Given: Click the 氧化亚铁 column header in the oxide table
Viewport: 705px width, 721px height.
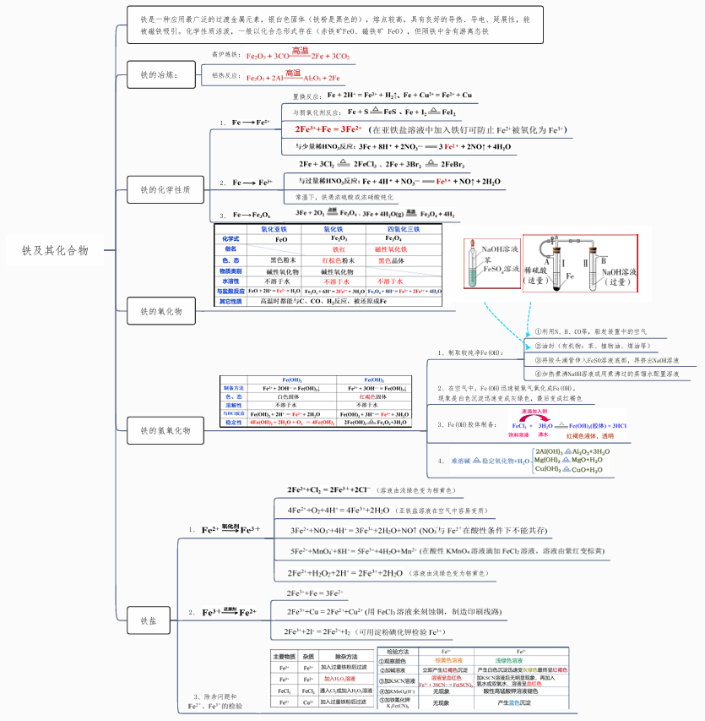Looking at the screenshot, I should [x=274, y=229].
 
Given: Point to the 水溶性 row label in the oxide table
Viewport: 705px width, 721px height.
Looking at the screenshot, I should [x=230, y=281].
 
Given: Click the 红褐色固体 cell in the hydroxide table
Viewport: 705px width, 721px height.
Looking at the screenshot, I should [x=374, y=396].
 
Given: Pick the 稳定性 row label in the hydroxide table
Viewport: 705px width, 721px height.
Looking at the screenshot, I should [x=233, y=422].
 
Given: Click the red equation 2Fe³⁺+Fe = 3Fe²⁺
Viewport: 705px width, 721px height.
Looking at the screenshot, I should [x=328, y=129].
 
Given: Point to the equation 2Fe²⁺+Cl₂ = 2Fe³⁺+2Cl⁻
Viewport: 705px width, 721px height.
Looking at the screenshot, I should [x=330, y=489].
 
